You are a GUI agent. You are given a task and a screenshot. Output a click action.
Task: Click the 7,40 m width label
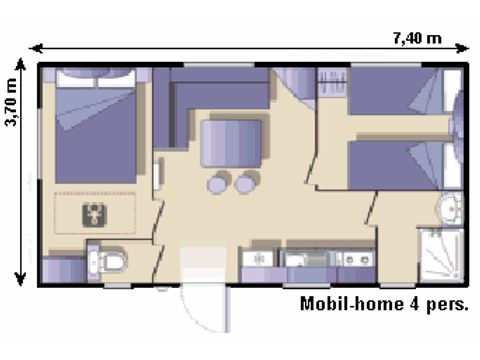pos(416,37)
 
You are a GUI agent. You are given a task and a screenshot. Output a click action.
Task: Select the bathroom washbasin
pos(450,209)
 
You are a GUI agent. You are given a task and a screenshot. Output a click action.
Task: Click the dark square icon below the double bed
pos(93,211)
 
